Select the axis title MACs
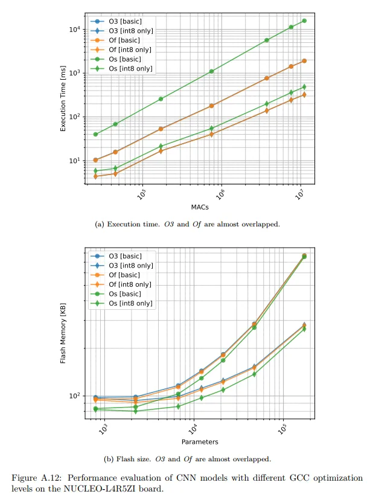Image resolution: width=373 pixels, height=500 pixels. point(200,207)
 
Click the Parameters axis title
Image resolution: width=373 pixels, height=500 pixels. point(200,442)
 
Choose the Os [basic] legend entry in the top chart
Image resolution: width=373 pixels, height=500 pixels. point(125,59)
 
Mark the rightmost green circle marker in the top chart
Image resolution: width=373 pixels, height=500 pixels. point(304,21)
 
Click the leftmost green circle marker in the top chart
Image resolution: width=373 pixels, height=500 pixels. point(95,134)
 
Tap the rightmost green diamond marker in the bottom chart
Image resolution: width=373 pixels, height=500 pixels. point(304,329)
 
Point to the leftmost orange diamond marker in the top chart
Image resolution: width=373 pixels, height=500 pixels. point(95,176)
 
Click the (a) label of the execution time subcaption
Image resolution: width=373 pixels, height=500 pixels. point(100,224)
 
